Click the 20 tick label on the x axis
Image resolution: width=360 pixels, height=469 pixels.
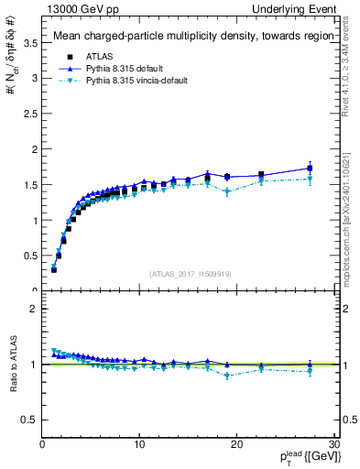coord(236,445)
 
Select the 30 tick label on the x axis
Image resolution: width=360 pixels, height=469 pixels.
coord(333,445)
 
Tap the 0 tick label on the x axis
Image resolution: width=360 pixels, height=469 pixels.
coord(42,445)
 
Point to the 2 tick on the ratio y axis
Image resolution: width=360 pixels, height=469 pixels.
coord(33,309)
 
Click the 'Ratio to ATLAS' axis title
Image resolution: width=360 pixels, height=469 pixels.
coord(12,365)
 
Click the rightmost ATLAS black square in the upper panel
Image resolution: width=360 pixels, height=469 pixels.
coord(310,169)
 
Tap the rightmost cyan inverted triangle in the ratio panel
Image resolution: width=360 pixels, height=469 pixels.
coord(310,371)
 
